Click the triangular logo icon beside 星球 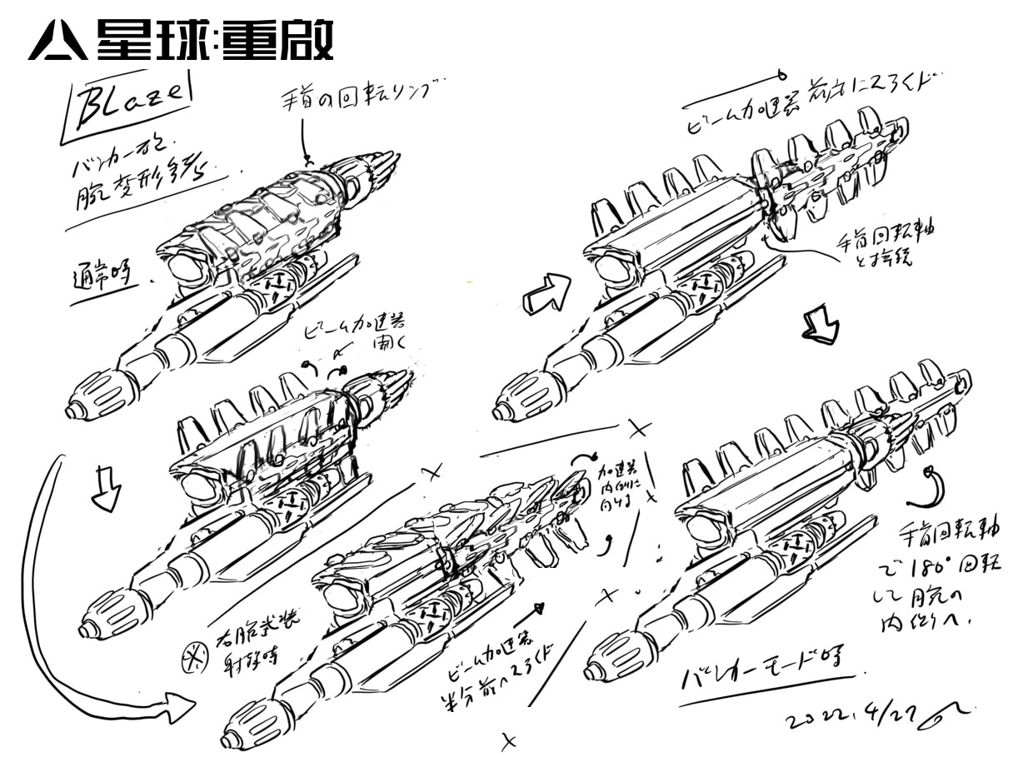(x=57, y=42)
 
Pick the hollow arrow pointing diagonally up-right (x=546, y=291)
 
